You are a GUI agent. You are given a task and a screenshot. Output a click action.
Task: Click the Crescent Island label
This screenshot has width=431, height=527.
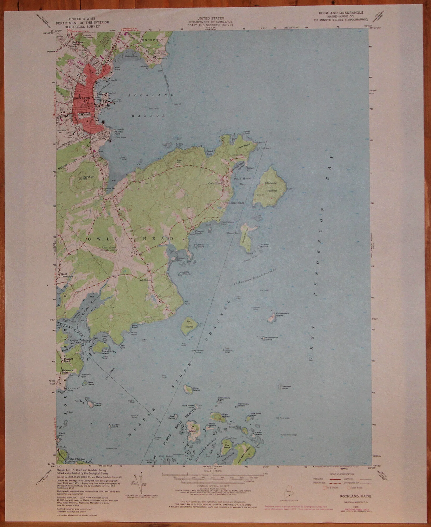(286, 387)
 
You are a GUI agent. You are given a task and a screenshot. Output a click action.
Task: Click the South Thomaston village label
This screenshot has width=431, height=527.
(64, 275)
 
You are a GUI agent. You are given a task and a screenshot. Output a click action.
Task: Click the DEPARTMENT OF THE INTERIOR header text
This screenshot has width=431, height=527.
(82, 23)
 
